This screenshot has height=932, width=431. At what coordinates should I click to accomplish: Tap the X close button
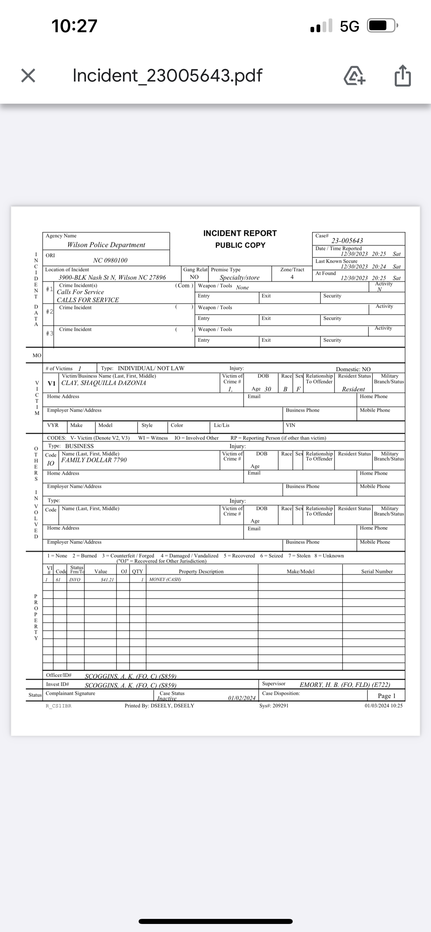[x=28, y=75]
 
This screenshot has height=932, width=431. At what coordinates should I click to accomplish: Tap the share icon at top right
[x=402, y=75]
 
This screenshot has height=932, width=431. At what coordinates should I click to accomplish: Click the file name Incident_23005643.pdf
[x=167, y=75]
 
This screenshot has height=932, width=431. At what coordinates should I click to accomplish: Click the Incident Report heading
[x=240, y=234]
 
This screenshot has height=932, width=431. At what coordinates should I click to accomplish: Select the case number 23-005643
[x=347, y=241]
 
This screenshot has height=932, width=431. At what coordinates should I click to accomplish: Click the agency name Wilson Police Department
[x=106, y=245]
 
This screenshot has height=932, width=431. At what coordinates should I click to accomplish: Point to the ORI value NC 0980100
[x=110, y=260]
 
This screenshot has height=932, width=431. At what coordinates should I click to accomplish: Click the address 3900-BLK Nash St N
[x=112, y=277]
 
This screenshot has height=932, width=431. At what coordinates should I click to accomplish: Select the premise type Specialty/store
[x=240, y=278]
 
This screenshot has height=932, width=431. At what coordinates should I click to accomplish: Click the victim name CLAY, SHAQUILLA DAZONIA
[x=103, y=383]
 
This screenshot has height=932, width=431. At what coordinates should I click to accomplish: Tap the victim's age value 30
[x=268, y=389]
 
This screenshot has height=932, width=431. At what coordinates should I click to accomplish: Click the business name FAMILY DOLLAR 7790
[x=94, y=460]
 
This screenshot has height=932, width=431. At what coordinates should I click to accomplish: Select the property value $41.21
[x=107, y=580]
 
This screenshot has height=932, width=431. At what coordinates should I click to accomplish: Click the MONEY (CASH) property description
[x=165, y=580]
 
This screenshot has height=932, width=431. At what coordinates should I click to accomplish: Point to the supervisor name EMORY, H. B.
[x=344, y=684]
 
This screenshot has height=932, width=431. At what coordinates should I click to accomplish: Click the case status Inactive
[x=166, y=698]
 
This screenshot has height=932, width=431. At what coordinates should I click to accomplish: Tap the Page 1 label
[x=386, y=696]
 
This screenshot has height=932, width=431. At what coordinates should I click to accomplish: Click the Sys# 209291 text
[x=274, y=706]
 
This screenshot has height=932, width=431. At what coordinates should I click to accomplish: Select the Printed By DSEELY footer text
[x=159, y=706]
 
